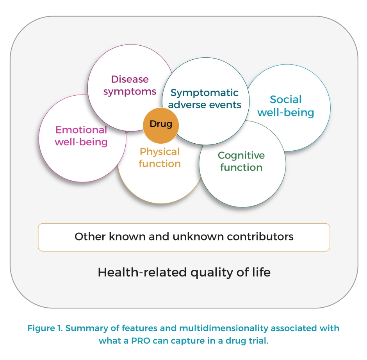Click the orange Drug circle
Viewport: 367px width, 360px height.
(161, 125)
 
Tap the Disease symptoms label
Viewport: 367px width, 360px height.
(130, 86)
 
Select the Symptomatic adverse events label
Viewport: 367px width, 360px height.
(205, 99)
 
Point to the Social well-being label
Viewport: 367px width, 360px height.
(285, 106)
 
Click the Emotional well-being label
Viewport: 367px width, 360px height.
(81, 136)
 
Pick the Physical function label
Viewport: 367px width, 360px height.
(160, 158)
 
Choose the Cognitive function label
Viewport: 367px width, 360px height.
(241, 162)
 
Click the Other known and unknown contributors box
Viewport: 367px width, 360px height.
(184, 237)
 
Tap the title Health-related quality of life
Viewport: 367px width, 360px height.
(184, 273)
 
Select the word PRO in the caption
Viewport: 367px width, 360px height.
(141, 340)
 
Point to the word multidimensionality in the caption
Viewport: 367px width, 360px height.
(224, 328)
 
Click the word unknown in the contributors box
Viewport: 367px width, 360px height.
(198, 237)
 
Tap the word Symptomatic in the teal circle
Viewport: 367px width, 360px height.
(204, 93)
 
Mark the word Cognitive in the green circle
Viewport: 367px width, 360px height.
(241, 156)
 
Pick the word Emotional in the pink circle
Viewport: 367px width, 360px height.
(81, 130)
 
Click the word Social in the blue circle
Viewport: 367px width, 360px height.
(285, 100)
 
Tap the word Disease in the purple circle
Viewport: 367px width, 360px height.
(130, 79)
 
